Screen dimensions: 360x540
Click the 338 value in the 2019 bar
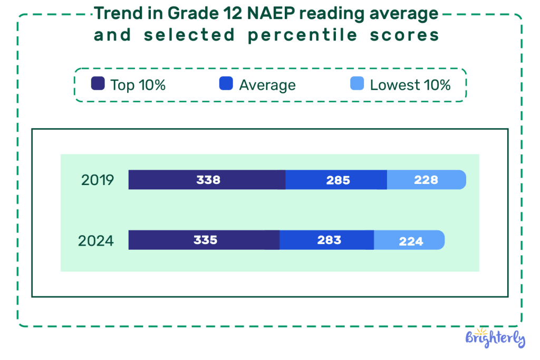tap(208, 180)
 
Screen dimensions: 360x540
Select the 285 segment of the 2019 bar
tap(337, 180)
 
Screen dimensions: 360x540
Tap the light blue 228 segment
tap(426, 180)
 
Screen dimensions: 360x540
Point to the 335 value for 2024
tap(205, 240)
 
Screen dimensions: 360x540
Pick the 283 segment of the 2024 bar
tap(329, 240)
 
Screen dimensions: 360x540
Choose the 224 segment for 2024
tap(411, 241)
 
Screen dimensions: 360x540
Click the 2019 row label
tap(98, 180)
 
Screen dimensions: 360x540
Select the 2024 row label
tap(96, 241)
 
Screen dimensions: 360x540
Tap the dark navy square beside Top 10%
tap(98, 84)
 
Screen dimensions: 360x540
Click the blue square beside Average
tap(226, 84)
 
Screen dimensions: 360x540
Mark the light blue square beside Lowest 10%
tap(357, 84)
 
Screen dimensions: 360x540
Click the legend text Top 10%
tap(138, 85)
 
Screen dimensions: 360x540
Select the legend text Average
tap(267, 85)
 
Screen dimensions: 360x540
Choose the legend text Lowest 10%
tap(410, 85)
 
